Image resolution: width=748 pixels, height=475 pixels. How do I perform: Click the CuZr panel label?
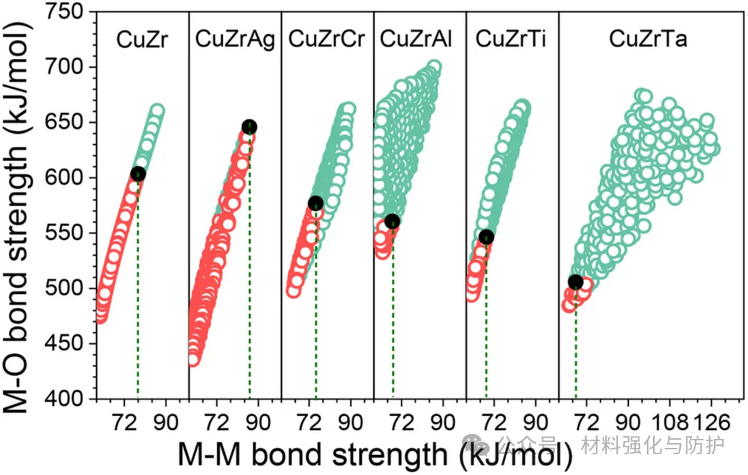[142, 40]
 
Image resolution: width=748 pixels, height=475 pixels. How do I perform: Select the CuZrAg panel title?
[235, 40]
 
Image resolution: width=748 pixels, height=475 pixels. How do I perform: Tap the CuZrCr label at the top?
[326, 40]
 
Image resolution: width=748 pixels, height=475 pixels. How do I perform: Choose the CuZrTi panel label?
[510, 40]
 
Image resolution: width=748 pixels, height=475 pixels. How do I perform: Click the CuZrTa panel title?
[648, 40]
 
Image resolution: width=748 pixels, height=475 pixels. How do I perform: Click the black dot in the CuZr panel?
[138, 174]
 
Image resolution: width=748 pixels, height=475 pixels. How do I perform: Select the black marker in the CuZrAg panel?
[249, 126]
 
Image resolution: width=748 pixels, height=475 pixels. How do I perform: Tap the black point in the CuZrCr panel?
[316, 203]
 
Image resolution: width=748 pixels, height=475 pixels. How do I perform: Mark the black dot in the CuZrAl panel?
[393, 222]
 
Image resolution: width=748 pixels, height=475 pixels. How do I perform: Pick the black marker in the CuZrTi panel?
[486, 237]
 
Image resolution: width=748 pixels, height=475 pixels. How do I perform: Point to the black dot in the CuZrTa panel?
[576, 282]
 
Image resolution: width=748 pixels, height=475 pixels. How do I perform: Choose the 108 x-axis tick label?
[670, 421]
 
